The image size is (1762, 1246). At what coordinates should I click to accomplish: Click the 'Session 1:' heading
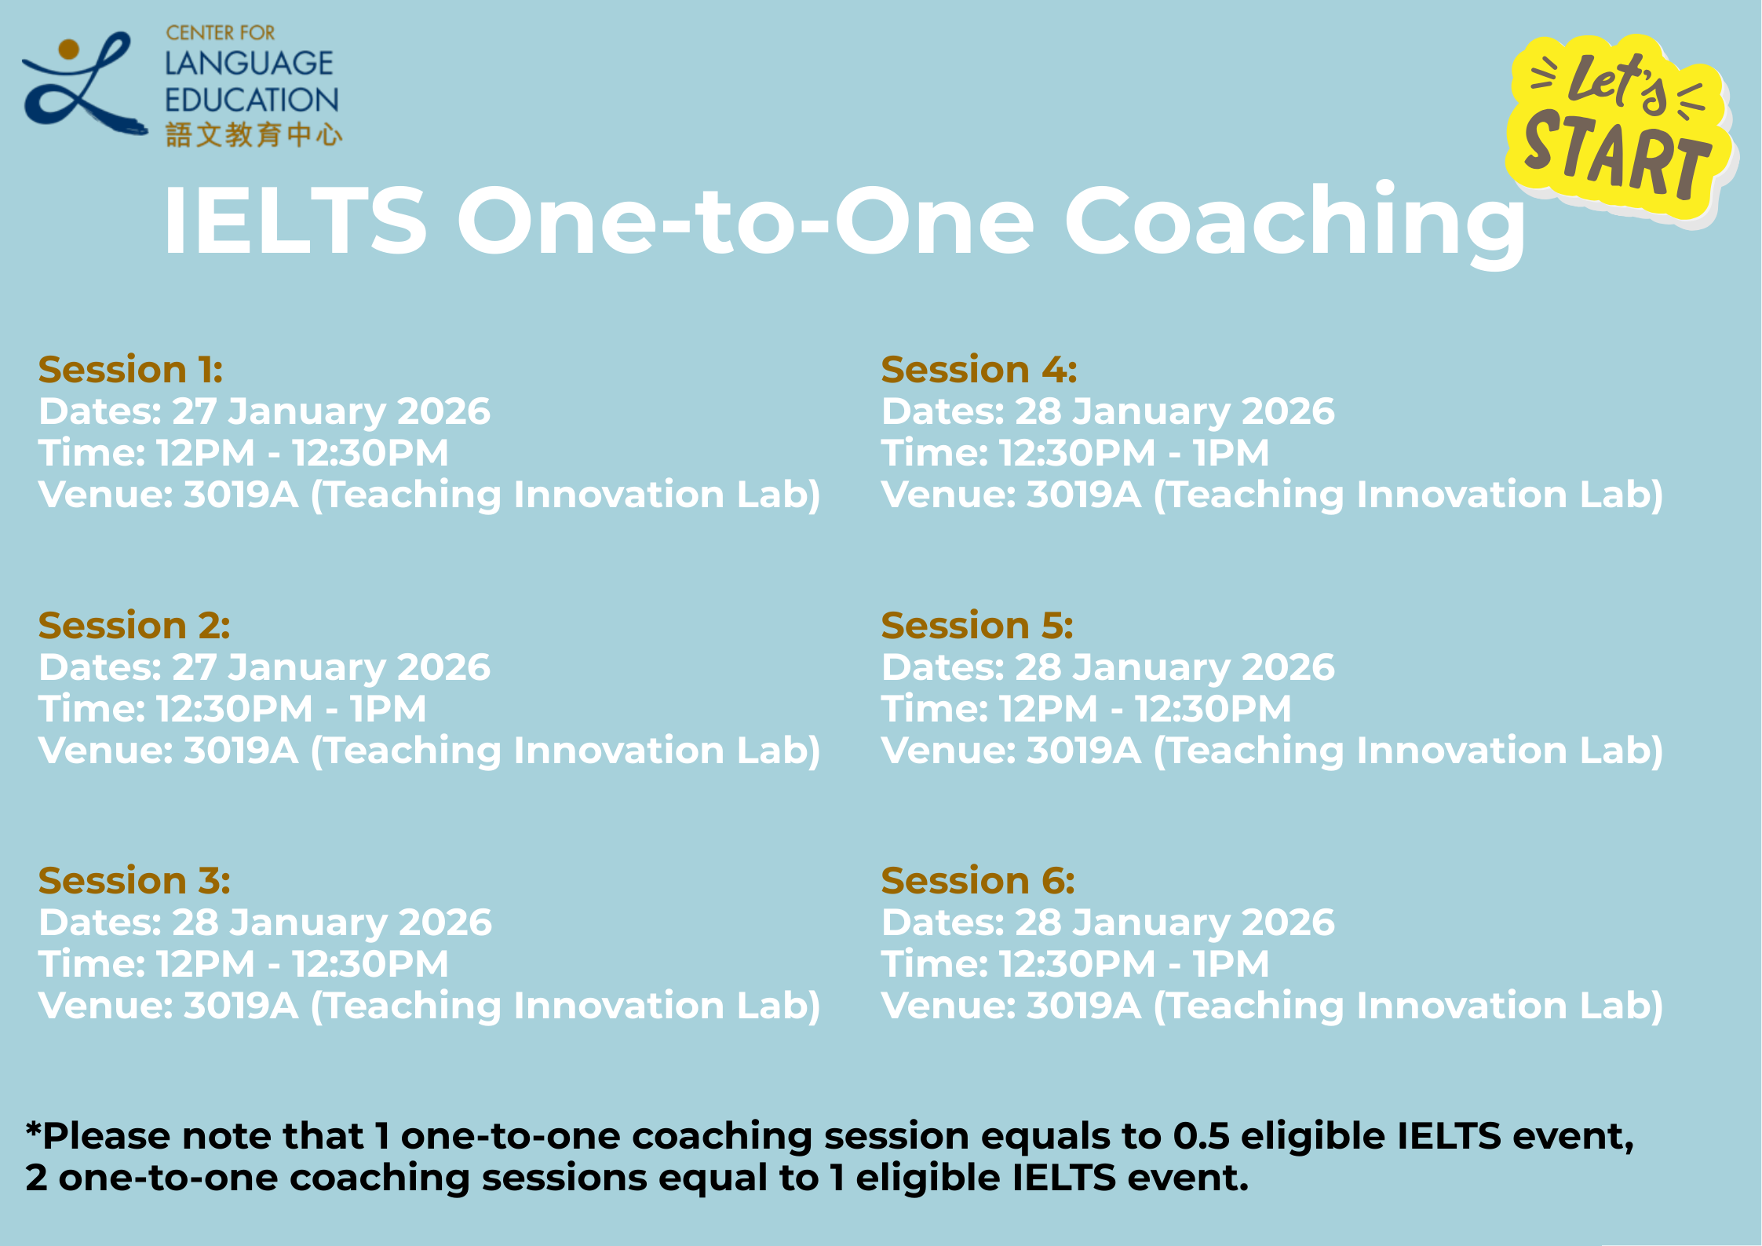(x=130, y=369)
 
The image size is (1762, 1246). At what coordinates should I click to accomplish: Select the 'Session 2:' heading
(x=134, y=625)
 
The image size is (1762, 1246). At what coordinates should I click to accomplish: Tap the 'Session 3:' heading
(x=134, y=880)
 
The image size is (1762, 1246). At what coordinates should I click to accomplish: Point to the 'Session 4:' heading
(x=979, y=369)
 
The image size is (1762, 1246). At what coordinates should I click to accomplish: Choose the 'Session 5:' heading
(x=977, y=625)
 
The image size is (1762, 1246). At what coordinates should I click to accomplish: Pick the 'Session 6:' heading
(x=978, y=880)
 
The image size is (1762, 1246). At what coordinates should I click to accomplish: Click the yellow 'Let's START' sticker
(x=1622, y=130)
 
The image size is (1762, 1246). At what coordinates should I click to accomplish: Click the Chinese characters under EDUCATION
(x=254, y=135)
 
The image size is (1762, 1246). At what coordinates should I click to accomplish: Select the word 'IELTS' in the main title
(x=295, y=221)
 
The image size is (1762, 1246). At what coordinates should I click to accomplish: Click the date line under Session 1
(x=264, y=412)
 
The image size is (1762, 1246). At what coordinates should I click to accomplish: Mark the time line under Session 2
(x=232, y=709)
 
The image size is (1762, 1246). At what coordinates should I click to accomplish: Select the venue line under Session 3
(x=429, y=1007)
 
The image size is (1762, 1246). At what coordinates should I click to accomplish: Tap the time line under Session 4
(x=1075, y=453)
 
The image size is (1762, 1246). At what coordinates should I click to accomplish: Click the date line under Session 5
(x=1108, y=668)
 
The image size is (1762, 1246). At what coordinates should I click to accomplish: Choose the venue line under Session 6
(x=1272, y=1007)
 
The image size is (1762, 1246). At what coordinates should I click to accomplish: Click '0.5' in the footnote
(x=1201, y=1136)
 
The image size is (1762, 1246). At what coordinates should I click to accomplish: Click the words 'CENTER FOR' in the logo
(x=221, y=33)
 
